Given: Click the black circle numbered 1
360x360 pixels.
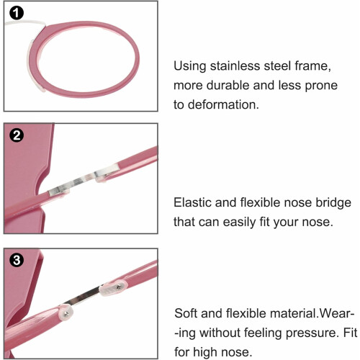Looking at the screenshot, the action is [x=17, y=13].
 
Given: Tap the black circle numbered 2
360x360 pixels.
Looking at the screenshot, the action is [x=17, y=135].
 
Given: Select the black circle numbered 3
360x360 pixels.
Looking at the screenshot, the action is [x=17, y=260].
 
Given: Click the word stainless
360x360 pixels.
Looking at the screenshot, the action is [x=235, y=66].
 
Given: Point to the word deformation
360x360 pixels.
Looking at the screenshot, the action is [x=223, y=104].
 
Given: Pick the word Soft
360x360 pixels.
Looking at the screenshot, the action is [x=186, y=313].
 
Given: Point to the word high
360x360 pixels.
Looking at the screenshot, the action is [x=206, y=353].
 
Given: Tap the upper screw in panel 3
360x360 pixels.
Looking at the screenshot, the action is [x=118, y=287].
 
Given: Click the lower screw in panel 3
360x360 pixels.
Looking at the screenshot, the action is [x=67, y=312].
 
